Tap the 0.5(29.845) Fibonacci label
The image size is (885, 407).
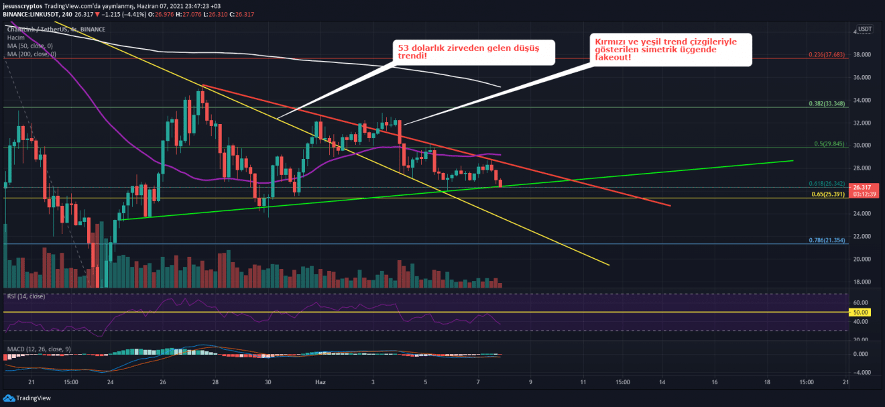(x=827, y=143)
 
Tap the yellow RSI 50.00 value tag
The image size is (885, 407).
(x=860, y=312)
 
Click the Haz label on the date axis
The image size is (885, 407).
(x=320, y=382)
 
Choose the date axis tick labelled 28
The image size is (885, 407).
(x=215, y=382)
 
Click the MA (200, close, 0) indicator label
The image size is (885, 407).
(x=32, y=54)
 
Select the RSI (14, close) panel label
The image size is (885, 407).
(x=26, y=296)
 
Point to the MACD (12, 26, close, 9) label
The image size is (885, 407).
(x=40, y=349)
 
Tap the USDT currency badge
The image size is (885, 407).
(x=865, y=29)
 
